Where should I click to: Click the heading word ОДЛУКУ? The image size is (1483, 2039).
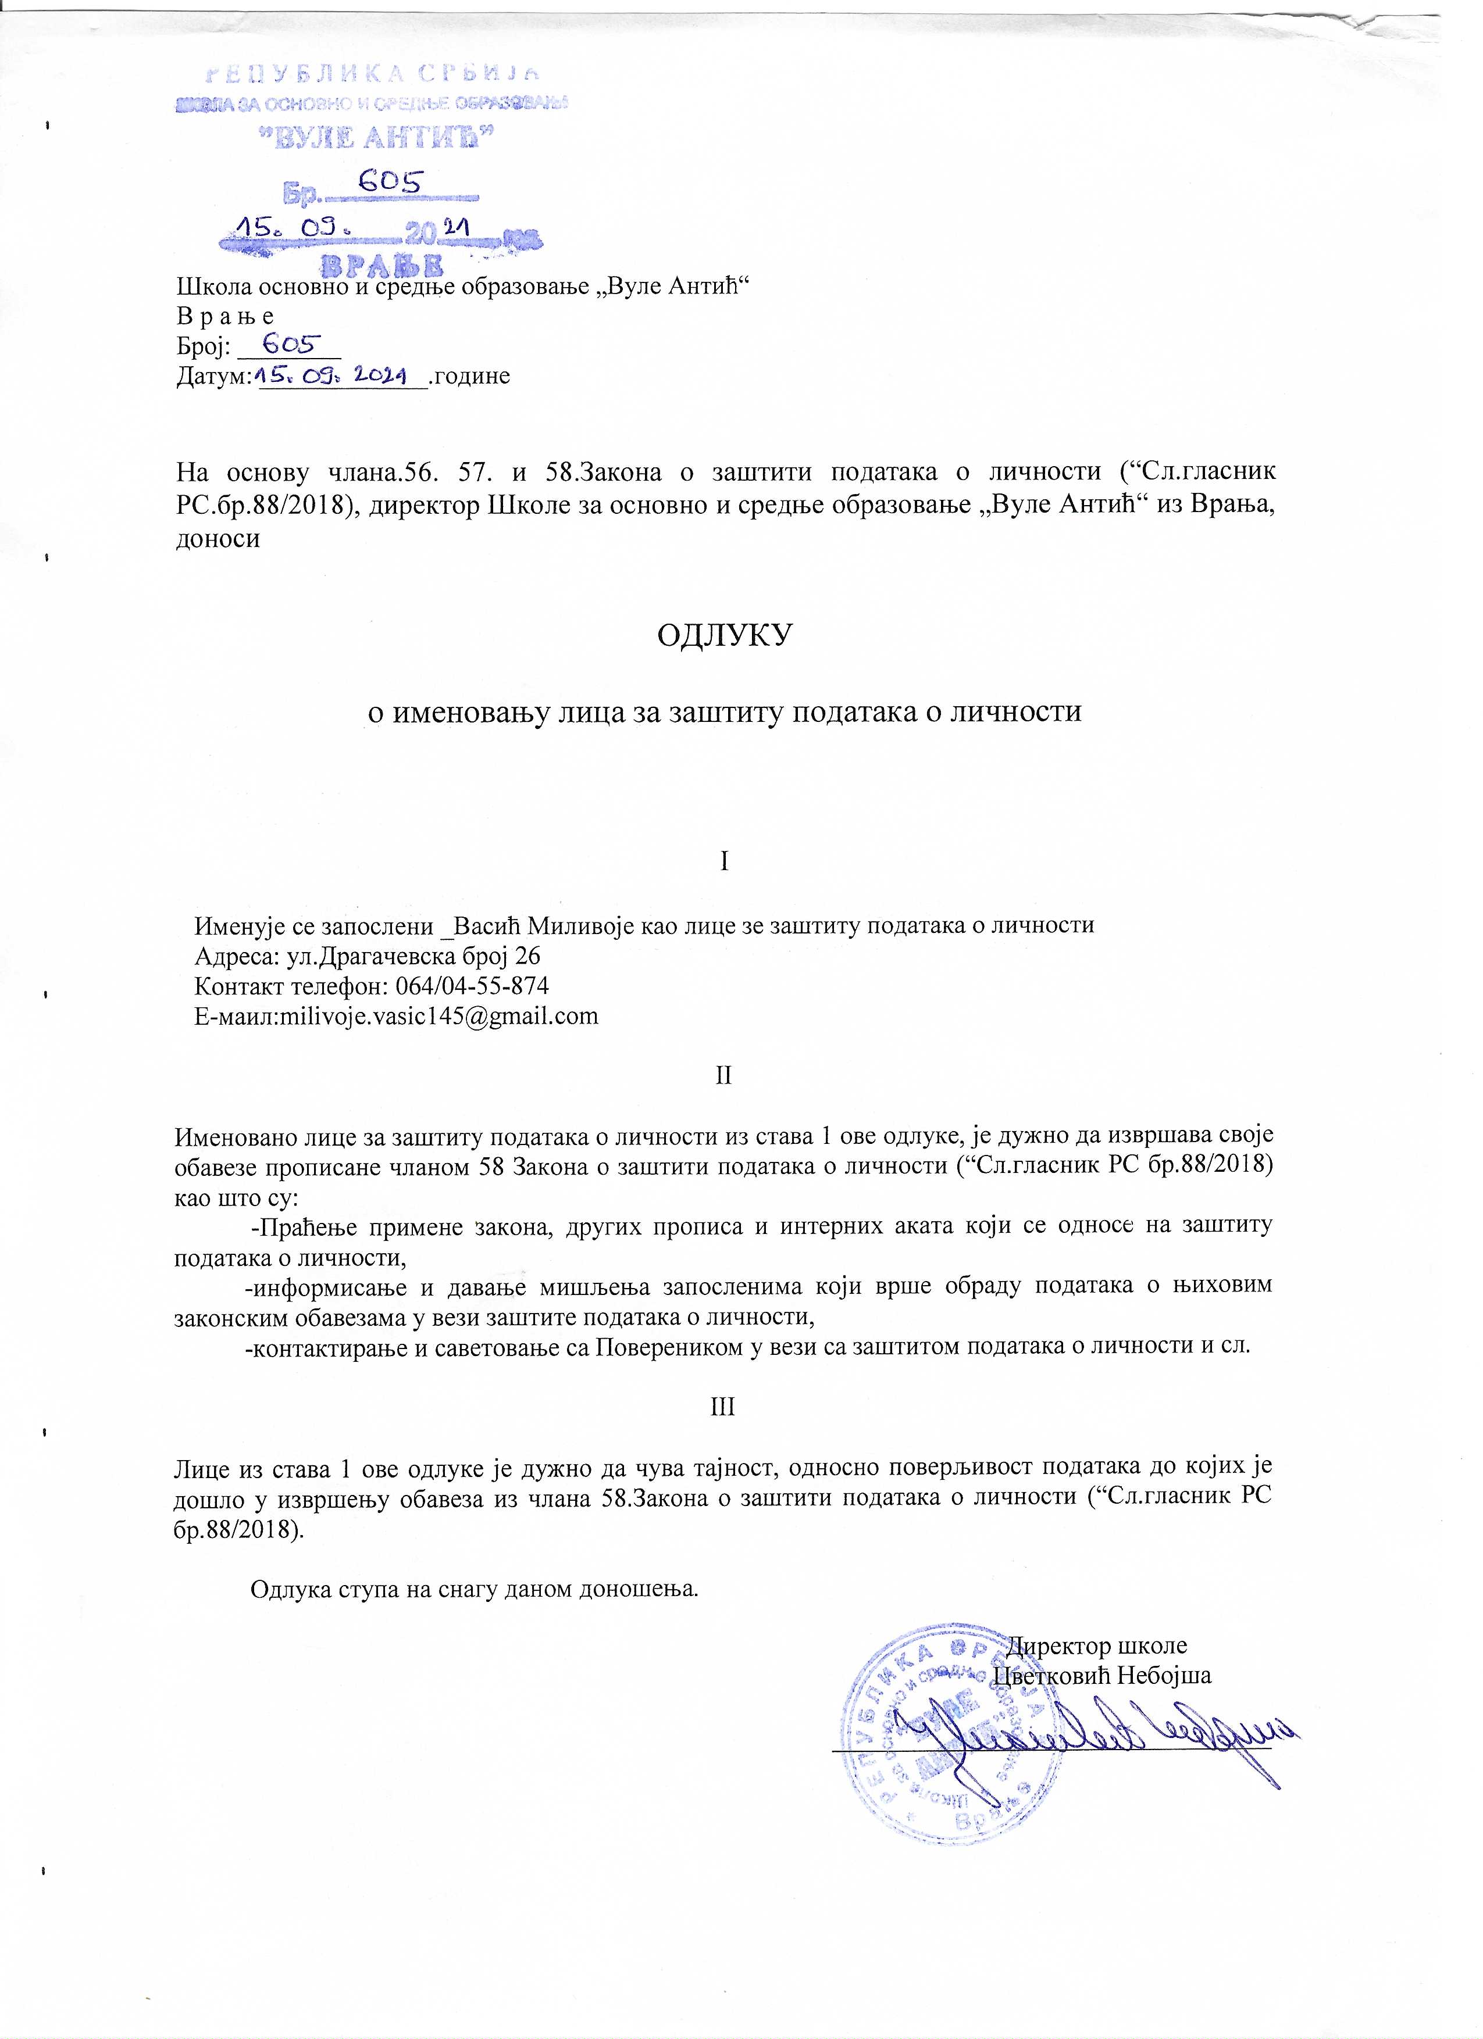724,635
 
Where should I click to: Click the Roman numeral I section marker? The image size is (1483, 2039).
724,861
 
